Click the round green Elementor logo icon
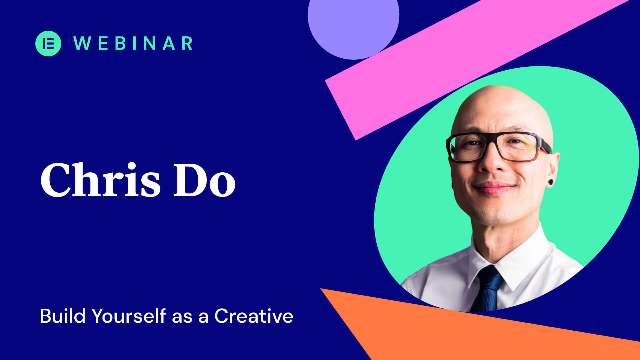click(48, 43)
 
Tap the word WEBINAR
click(133, 43)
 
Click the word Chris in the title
click(100, 180)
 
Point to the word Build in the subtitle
click(63, 316)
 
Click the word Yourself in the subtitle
click(129, 316)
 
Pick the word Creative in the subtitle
click(254, 316)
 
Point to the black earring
click(551, 182)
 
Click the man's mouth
click(494, 188)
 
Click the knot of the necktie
click(490, 275)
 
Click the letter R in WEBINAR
click(187, 43)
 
